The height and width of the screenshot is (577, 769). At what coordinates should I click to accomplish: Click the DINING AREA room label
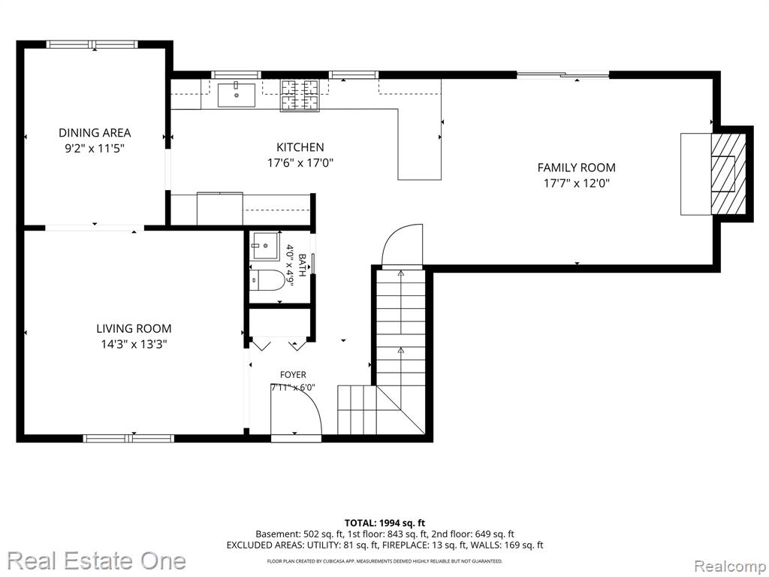click(x=95, y=132)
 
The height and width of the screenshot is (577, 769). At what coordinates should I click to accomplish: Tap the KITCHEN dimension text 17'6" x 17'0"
click(x=300, y=162)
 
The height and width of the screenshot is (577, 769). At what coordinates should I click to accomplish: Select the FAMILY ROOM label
click(x=576, y=168)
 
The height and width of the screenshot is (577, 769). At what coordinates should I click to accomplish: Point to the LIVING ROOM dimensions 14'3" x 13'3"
click(x=134, y=344)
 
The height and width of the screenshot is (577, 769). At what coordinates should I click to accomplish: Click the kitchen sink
click(x=237, y=95)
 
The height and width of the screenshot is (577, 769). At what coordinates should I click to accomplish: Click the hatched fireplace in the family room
click(x=728, y=174)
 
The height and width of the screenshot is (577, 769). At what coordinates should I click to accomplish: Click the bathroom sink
click(x=265, y=246)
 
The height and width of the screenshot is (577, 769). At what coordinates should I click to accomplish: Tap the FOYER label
click(x=293, y=375)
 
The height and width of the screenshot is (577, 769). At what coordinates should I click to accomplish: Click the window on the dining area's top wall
click(x=92, y=44)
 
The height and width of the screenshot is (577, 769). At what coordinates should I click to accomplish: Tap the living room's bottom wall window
click(x=128, y=438)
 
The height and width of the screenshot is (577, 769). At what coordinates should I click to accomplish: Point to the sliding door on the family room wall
click(x=563, y=74)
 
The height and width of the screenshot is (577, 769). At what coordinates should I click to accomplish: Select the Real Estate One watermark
click(x=97, y=560)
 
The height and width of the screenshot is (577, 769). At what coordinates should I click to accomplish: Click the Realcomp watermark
click(x=730, y=566)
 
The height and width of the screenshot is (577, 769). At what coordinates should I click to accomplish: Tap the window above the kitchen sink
click(x=236, y=74)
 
